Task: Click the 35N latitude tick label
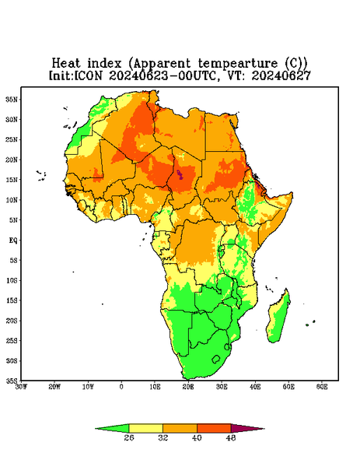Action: coord(12,100)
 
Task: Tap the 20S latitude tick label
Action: coord(12,321)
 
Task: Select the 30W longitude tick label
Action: coord(21,387)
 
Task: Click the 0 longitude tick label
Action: coord(121,387)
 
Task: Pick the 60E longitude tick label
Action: coord(322,387)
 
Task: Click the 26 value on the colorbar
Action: coord(129,437)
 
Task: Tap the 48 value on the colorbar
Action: coord(231,437)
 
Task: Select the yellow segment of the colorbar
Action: coord(145,428)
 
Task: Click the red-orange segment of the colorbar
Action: coord(214,428)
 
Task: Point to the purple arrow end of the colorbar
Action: coord(247,429)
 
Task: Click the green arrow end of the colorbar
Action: coord(112,429)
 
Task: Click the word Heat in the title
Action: coord(66,64)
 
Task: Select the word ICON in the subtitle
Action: coord(88,75)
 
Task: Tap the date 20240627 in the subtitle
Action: coord(281,75)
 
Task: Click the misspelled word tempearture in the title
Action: coord(238,64)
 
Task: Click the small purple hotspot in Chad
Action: coord(180,174)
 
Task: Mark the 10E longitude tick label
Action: coord(155,387)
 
